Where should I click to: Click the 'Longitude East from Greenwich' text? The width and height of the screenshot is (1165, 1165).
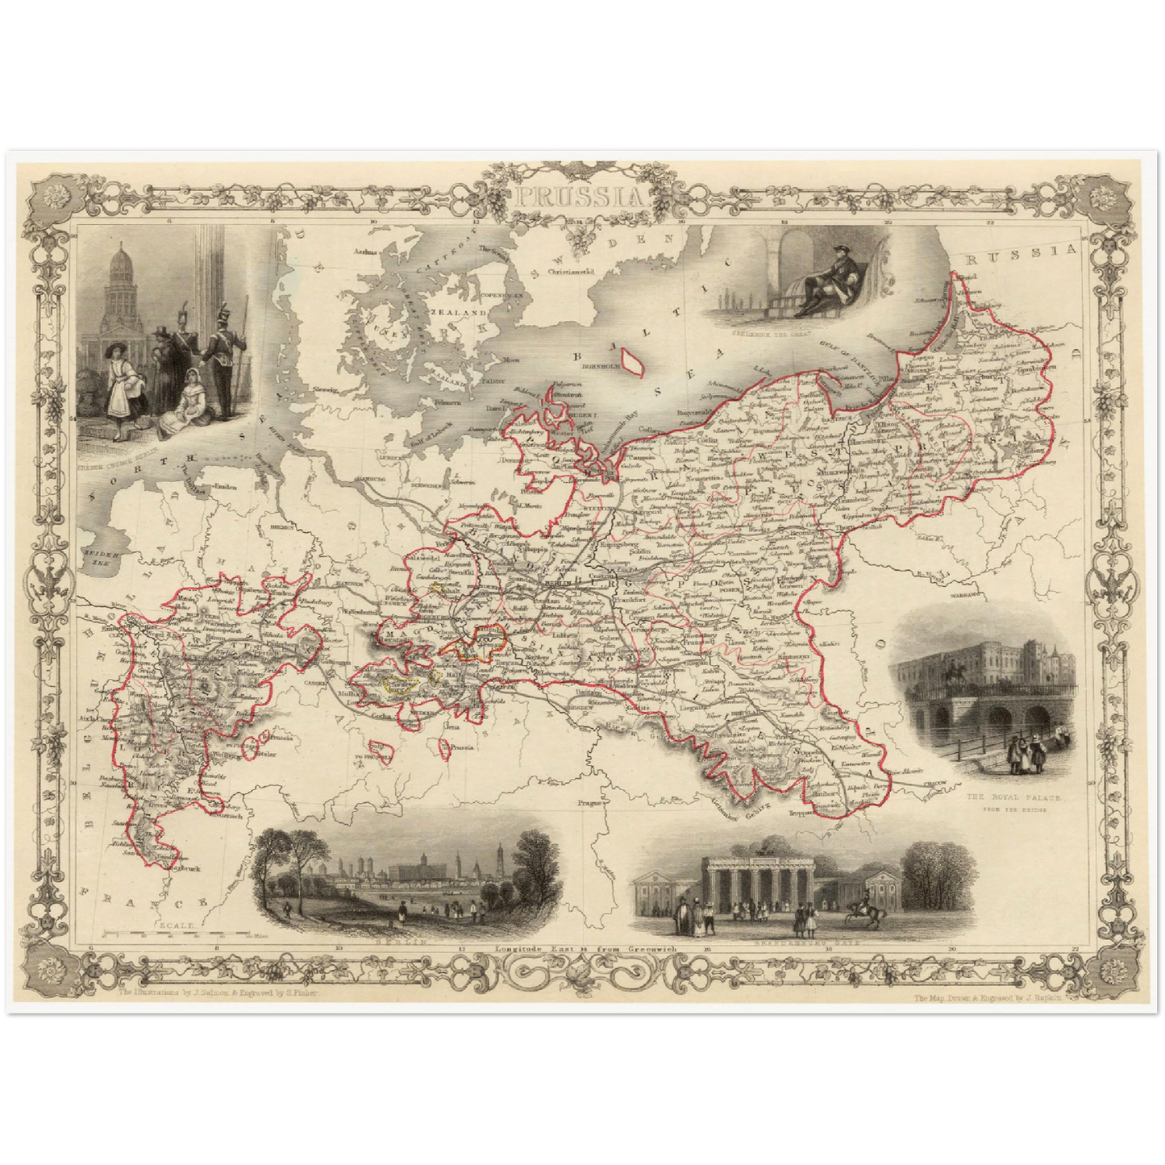point(585,950)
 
